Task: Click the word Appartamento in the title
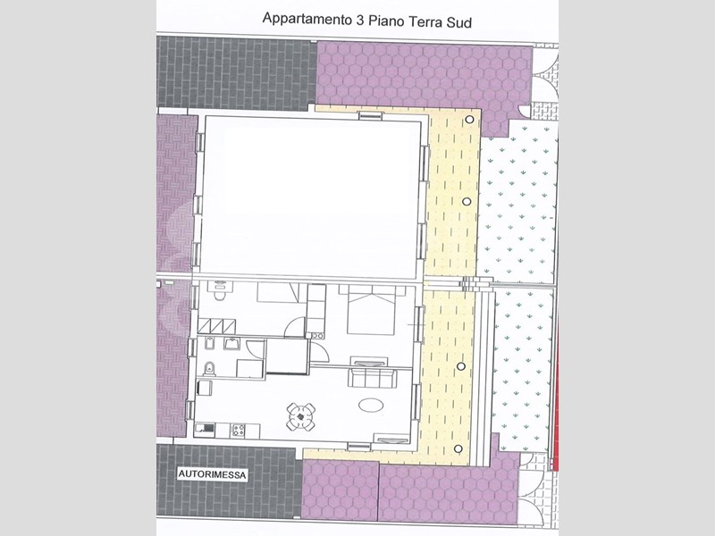click(307, 19)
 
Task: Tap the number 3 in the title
click(359, 20)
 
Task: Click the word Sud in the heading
click(458, 22)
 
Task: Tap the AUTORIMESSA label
click(212, 474)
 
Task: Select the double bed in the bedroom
click(371, 310)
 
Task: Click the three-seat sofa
click(373, 378)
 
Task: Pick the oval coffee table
click(371, 405)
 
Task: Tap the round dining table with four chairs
click(301, 416)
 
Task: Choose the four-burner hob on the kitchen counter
click(238, 430)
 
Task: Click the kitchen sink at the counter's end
click(206, 428)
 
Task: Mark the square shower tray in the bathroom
click(250, 368)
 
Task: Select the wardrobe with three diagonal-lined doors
click(217, 326)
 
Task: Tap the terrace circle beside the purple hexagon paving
click(469, 120)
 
